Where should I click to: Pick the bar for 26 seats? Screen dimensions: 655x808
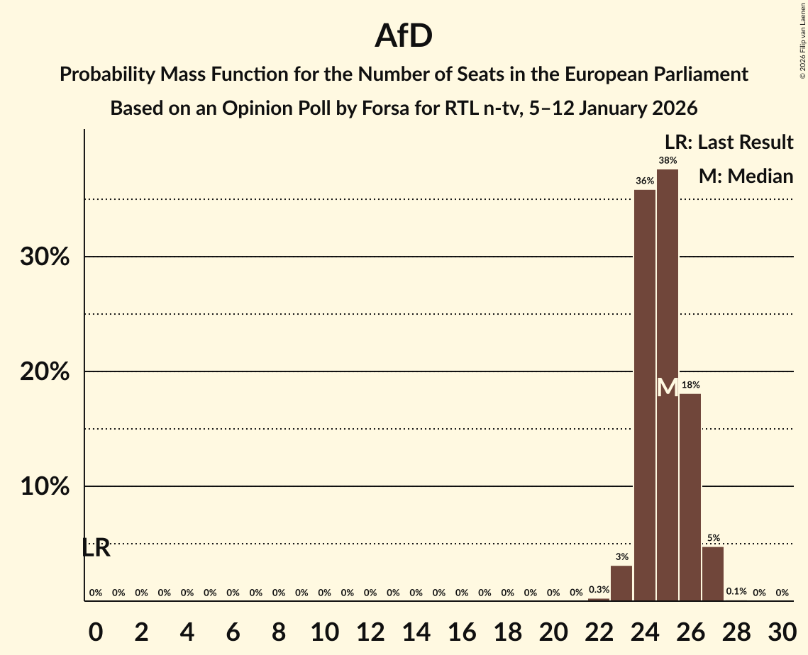(690, 496)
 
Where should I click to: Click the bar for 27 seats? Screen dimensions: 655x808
(713, 573)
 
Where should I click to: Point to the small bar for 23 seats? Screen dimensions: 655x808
(621, 583)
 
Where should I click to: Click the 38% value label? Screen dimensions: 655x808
(668, 161)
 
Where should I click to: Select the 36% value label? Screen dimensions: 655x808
(644, 181)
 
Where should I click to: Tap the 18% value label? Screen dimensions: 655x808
(690, 385)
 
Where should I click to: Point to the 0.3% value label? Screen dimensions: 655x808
(599, 590)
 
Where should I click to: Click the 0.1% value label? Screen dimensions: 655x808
(736, 592)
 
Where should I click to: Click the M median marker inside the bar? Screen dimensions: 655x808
(668, 387)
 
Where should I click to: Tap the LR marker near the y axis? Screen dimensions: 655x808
(96, 548)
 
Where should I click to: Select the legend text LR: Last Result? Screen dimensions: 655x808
(729, 142)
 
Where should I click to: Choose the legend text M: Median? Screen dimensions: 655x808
(746, 177)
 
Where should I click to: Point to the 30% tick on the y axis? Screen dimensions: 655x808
(45, 257)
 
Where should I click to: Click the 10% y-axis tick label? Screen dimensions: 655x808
(45, 487)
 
